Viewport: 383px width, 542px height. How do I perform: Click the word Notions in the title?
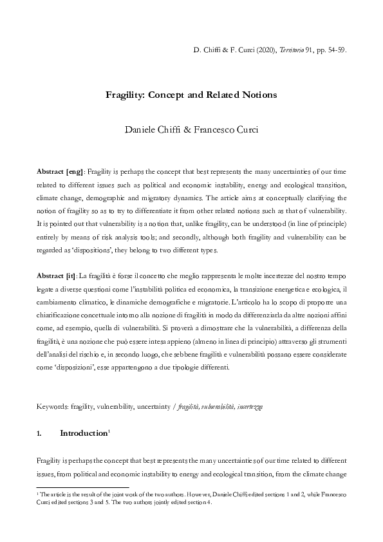(x=256, y=95)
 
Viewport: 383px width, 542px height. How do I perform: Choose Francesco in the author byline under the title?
(x=216, y=129)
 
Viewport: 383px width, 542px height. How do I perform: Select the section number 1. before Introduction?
(x=40, y=434)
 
